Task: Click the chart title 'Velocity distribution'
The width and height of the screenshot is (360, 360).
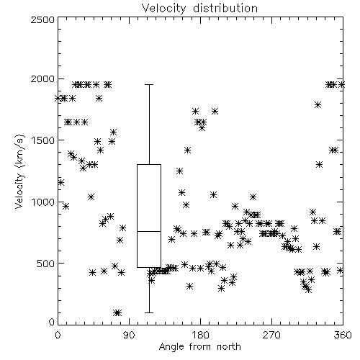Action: tap(199, 8)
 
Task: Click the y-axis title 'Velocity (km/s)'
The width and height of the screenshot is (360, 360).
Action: tap(19, 171)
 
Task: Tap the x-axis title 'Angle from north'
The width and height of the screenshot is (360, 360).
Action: tap(199, 346)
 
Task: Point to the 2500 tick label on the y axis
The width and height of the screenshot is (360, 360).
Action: tap(42, 19)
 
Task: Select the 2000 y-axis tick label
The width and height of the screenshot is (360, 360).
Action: tap(42, 79)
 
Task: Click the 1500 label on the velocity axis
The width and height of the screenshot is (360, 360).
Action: tap(43, 140)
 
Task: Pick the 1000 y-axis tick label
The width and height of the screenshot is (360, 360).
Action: tap(43, 202)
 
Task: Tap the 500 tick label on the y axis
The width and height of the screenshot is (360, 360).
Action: tap(46, 264)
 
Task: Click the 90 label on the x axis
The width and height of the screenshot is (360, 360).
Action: tap(129, 335)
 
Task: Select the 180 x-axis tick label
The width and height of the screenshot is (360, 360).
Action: tap(200, 335)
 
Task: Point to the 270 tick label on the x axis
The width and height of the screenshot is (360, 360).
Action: tap(271, 335)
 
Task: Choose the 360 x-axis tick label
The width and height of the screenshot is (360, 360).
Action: tap(343, 335)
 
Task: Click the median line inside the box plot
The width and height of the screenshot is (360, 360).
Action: tap(149, 231)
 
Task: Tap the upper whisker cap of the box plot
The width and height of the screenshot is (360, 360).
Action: tap(149, 84)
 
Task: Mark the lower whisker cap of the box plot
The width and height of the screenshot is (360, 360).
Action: tap(149, 312)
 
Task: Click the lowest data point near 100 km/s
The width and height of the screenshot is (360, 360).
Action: tap(117, 312)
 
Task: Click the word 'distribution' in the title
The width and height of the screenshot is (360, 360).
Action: tap(225, 8)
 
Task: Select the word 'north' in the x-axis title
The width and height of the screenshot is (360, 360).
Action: tap(229, 346)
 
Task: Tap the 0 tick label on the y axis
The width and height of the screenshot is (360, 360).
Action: tap(52, 322)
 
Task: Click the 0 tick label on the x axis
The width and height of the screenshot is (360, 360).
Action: tap(58, 335)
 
